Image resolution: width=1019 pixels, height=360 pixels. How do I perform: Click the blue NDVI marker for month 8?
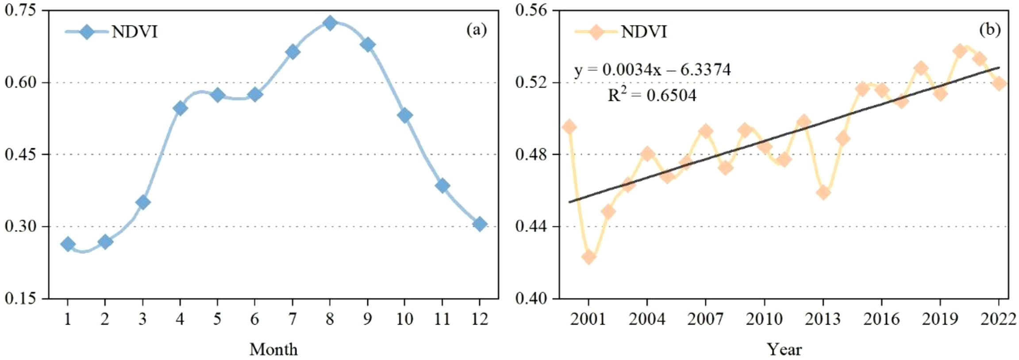pos(330,23)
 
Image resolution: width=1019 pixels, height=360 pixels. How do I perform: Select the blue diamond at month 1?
pos(68,244)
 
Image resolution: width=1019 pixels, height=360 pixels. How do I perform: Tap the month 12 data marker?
pos(480,224)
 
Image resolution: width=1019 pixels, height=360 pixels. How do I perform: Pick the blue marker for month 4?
pos(180,108)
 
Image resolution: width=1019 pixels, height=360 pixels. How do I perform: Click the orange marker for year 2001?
pos(588,257)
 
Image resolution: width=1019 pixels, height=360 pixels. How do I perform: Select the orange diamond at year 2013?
pos(823,192)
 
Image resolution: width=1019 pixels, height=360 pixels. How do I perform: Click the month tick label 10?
pos(404,319)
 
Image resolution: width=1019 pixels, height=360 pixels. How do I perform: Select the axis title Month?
pos(273,349)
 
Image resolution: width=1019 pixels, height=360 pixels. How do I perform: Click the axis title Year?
pos(784,349)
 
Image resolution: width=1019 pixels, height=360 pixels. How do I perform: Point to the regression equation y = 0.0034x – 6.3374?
pos(652,70)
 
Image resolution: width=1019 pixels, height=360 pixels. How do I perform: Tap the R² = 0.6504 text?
pos(651,95)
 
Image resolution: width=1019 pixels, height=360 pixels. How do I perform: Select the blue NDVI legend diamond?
pos(87,32)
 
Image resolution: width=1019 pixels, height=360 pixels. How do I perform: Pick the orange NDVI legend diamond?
pos(596,32)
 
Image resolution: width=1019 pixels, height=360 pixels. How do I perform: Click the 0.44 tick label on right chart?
pos(531,226)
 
